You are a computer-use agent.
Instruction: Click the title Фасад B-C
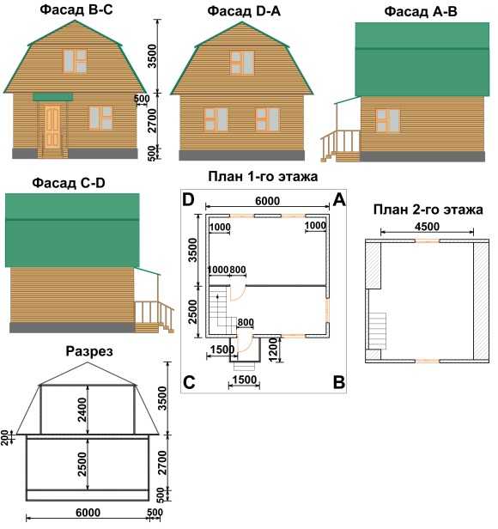click(76, 9)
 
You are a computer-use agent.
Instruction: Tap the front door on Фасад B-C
click(52, 126)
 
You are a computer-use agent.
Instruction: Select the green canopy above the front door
click(52, 97)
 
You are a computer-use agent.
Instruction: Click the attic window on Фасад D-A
click(242, 63)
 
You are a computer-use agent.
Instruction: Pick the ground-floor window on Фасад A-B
click(388, 120)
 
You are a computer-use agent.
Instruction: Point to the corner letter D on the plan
click(188, 200)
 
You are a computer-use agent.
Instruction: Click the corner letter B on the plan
click(339, 383)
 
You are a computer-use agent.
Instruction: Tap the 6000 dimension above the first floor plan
click(267, 201)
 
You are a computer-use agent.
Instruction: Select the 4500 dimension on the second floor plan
click(427, 227)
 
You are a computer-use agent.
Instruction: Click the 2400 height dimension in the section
click(82, 410)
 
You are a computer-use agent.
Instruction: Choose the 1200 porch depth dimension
click(273, 350)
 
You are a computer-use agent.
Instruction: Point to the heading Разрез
click(89, 351)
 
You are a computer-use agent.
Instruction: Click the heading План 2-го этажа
click(428, 210)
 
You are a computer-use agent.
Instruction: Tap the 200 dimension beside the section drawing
click(4, 437)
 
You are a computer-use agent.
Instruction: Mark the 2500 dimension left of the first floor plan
click(192, 312)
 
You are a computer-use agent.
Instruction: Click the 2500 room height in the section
click(82, 464)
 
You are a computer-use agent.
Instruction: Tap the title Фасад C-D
click(69, 183)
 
